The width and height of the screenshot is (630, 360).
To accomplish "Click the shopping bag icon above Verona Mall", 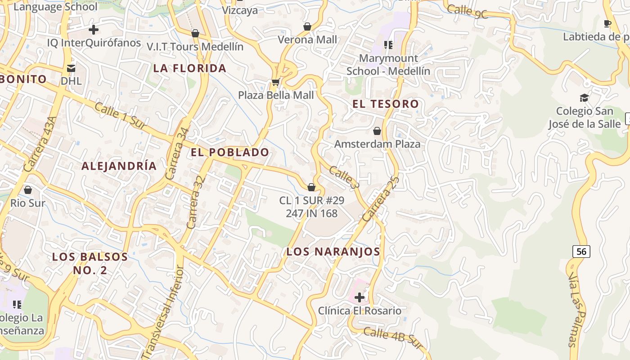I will pos(307,27).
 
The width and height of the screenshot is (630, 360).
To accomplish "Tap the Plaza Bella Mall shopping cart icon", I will pos(275,82).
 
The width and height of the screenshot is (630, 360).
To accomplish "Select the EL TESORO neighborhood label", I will pos(385,104).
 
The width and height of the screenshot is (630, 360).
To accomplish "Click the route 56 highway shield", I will pos(581,252).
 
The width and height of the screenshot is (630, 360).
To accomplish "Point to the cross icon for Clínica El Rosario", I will pos(360,297).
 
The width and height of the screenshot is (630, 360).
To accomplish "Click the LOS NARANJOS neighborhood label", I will pos(333,252).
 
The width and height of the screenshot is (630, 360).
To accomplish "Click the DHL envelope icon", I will pos(71,68).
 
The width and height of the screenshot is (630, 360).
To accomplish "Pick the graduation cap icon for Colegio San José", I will pos(584,98).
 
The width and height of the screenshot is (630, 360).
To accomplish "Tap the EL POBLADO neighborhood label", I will pos(230,152).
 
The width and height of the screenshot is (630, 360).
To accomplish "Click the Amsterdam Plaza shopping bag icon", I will pos(377,131).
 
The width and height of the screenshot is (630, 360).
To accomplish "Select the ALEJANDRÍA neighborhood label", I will pos(119,166).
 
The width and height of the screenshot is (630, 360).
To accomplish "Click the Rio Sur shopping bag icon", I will pos(28,190).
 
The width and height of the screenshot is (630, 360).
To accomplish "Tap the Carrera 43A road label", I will pos(40,144).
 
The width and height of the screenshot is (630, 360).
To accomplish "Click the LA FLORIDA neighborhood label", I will pos(189,68).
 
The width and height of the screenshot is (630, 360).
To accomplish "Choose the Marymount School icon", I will pos(388,45).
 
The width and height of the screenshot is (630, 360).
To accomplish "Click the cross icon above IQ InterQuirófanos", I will pos(94,30).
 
